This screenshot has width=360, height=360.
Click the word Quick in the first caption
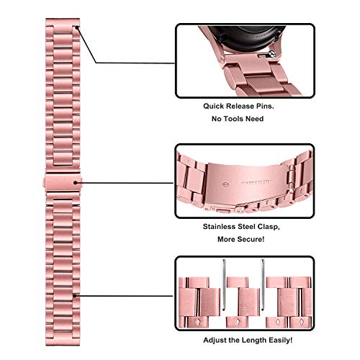213,107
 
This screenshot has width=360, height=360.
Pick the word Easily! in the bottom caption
279,340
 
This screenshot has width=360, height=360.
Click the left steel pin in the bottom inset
224,284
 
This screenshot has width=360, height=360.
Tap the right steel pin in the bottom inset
263,284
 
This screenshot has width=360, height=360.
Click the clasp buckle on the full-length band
63,182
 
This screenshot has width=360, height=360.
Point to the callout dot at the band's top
77,28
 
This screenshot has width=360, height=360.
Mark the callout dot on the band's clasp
76,183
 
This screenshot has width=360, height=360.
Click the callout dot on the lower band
75,296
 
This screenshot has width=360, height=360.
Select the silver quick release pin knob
272,54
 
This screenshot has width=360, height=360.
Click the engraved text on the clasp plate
256,182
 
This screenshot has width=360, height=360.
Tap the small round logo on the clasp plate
225,185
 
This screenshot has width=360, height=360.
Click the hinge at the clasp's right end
290,176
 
